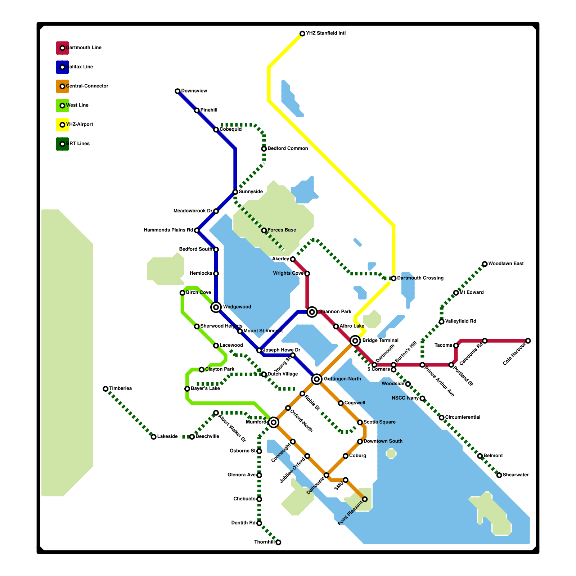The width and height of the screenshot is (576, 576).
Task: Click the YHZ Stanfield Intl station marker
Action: click(x=302, y=33)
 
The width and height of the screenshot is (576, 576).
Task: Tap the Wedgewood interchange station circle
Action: click(x=216, y=307)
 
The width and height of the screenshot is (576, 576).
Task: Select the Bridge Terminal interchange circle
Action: click(x=355, y=341)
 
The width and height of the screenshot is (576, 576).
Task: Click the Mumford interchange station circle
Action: click(x=274, y=422)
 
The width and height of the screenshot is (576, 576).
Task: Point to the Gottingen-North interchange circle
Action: click(x=317, y=379)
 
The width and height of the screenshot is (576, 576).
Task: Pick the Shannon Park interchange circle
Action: click(x=312, y=312)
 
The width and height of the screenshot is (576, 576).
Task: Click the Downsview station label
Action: click(x=194, y=91)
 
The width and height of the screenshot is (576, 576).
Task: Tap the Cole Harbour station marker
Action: click(x=528, y=341)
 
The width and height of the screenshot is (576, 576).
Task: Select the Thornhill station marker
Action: click(x=278, y=542)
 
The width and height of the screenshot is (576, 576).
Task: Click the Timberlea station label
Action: click(x=121, y=389)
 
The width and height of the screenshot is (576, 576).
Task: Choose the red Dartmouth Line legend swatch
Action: click(x=62, y=48)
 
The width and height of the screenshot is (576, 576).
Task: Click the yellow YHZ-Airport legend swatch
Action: click(x=62, y=125)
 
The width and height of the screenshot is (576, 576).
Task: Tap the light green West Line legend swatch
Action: click(x=62, y=105)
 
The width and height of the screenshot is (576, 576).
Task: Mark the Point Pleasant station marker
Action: click(x=365, y=499)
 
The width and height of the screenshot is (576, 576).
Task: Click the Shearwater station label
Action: click(x=516, y=475)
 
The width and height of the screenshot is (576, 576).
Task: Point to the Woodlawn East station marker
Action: click(x=485, y=264)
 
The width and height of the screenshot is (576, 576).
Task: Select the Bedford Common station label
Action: click(x=288, y=149)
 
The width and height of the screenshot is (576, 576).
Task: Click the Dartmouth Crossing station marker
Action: click(x=393, y=278)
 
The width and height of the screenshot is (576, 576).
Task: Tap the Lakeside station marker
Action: click(x=154, y=437)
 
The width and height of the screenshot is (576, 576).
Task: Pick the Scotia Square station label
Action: click(x=379, y=422)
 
